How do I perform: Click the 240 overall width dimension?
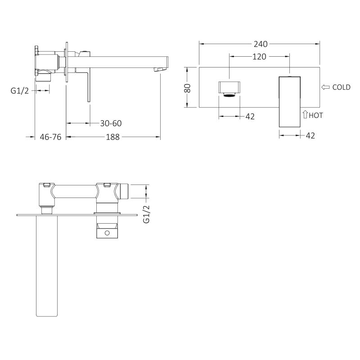click(x=261, y=44)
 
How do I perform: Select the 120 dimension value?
click(x=259, y=56)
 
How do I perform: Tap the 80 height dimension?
click(x=188, y=87)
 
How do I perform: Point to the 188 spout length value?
click(x=113, y=137)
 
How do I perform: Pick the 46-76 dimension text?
click(x=50, y=137)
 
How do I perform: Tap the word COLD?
click(x=341, y=87)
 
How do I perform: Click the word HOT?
click(x=316, y=115)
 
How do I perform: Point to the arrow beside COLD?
click(x=326, y=87)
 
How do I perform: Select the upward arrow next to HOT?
click(x=305, y=115)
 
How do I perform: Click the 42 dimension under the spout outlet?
click(x=250, y=117)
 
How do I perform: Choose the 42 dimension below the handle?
click(x=310, y=135)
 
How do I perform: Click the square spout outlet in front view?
click(x=229, y=87)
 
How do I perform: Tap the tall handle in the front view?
click(x=289, y=101)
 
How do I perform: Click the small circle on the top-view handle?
click(x=107, y=233)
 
